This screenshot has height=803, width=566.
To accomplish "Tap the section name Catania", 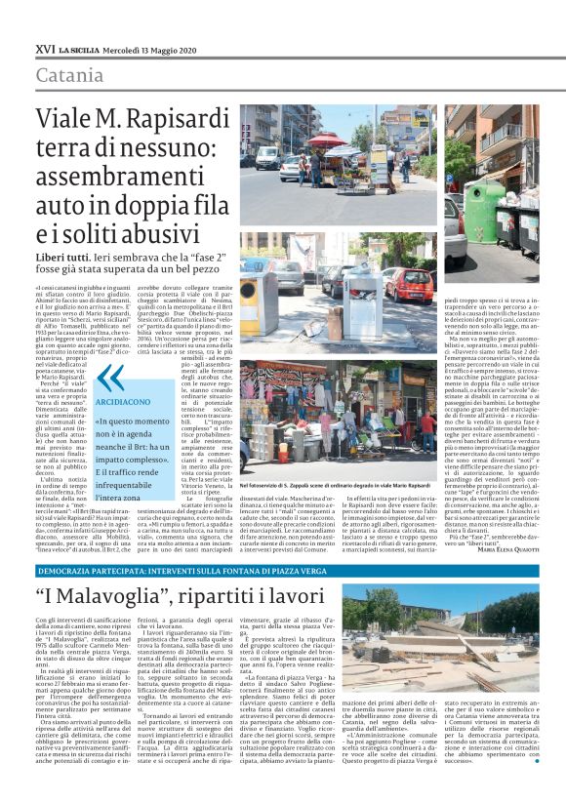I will click(x=69, y=76).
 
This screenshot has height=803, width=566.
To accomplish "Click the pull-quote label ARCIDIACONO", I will click(x=122, y=401).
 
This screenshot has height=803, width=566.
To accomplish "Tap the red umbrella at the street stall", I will click(x=329, y=140).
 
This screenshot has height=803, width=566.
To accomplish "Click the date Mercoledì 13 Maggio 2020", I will click(x=141, y=48).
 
